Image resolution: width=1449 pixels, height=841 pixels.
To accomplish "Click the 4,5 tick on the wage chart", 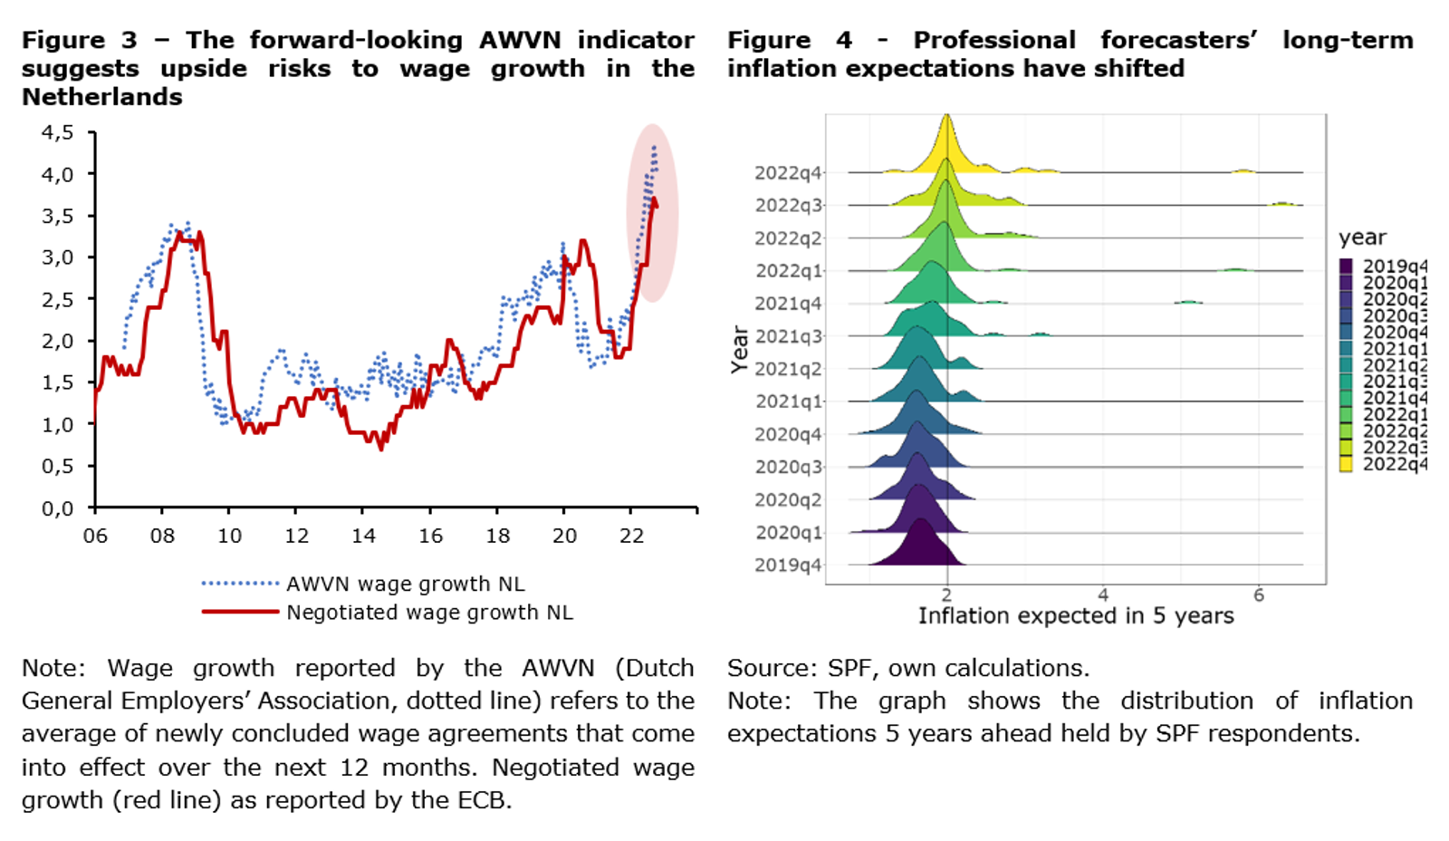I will [x=58, y=133].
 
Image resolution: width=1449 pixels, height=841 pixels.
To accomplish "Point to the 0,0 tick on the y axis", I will [x=58, y=508].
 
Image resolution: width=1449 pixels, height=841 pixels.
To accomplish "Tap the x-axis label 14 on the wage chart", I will [x=364, y=536].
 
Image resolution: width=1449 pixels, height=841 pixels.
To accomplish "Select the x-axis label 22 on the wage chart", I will [x=631, y=536].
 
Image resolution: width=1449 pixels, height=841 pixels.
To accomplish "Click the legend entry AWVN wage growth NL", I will [x=405, y=584].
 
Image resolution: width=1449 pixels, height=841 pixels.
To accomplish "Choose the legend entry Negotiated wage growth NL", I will [x=429, y=613].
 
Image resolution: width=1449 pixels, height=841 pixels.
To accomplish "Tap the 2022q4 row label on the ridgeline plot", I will [x=788, y=173].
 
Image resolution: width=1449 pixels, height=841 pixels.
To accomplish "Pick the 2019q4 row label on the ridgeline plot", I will [x=788, y=565].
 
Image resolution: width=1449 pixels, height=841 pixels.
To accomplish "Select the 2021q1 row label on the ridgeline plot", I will [x=788, y=401].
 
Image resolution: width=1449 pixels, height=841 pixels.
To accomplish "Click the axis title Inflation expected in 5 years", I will [x=1076, y=616].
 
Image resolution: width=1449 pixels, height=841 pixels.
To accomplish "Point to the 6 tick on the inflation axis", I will [x=1259, y=595].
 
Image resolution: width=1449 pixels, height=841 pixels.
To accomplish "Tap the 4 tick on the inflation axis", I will [x=1103, y=595].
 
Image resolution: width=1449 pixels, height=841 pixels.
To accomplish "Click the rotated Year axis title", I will [x=740, y=350].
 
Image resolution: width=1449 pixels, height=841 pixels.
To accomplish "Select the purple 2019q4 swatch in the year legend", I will [x=1346, y=266].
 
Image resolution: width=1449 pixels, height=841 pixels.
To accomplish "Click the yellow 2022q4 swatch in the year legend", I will [x=1346, y=464].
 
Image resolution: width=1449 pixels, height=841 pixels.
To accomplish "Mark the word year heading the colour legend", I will [x=1362, y=237].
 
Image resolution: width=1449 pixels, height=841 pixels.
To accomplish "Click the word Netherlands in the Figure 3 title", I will [x=102, y=97].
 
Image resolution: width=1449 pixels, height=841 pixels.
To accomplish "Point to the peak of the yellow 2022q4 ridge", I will [x=946, y=118].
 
